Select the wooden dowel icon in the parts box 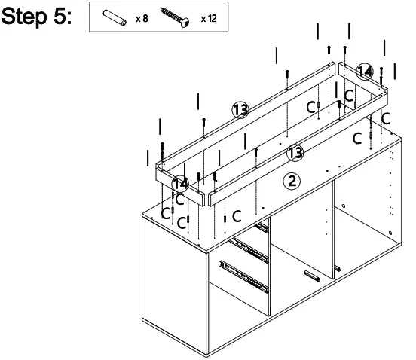tap(118, 17)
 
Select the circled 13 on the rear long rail tap(240, 111)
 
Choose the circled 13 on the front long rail tap(296, 153)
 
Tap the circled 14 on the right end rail tap(365, 72)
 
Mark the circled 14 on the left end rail tap(180, 183)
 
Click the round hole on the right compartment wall tap(343, 206)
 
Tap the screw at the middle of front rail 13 tap(257, 153)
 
